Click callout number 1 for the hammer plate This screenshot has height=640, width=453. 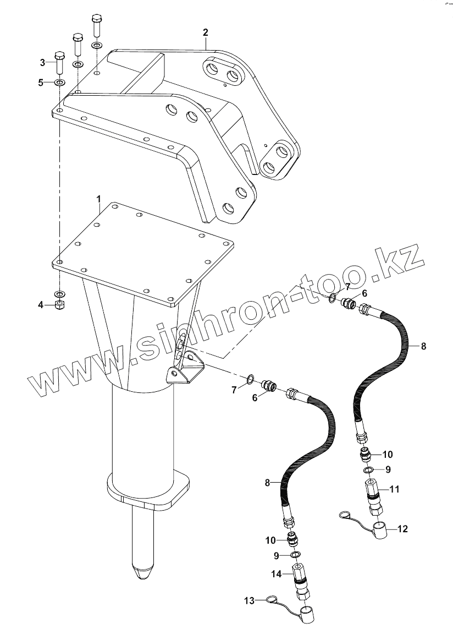coord(99,197)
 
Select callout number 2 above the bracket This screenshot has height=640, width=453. coord(205,32)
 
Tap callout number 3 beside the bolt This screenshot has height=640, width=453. coord(42,62)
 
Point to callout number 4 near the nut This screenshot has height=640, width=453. coord(41,304)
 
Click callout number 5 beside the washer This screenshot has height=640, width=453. coord(41,83)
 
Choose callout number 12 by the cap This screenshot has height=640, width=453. coord(402,529)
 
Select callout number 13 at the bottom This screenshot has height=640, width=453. coord(249,600)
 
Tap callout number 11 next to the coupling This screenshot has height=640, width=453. coord(394,488)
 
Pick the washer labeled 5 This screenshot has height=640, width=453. coord(59,83)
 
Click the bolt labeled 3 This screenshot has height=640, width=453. coord(59,63)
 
